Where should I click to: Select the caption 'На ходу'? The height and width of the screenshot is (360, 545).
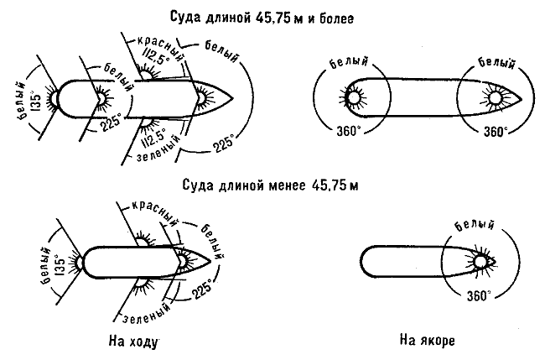click(x=132, y=342)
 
